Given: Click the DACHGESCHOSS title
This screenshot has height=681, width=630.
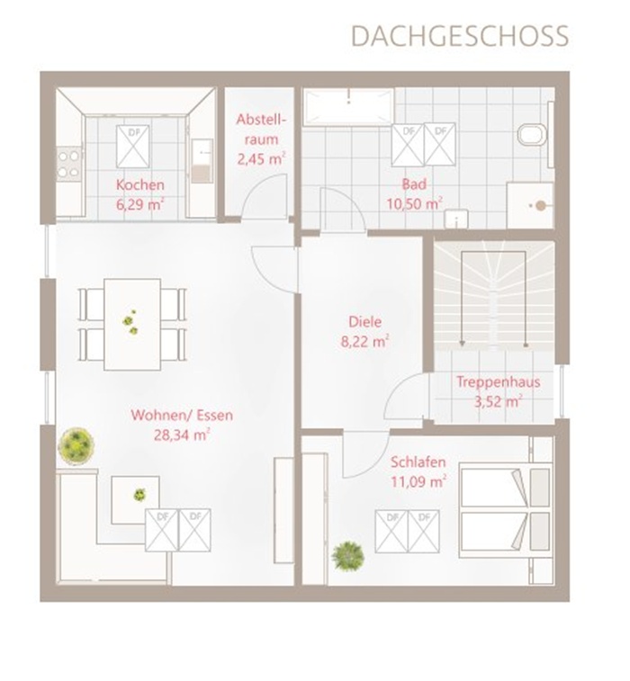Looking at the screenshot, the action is (x=460, y=36).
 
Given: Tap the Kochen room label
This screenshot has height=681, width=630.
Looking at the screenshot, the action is (x=139, y=184).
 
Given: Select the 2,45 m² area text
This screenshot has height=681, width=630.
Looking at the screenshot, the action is (x=261, y=158).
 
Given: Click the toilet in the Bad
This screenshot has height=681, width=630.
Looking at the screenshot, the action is (x=532, y=134).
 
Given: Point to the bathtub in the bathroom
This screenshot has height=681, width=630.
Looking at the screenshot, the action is (x=348, y=107).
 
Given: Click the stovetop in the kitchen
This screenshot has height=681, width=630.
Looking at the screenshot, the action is (x=69, y=164).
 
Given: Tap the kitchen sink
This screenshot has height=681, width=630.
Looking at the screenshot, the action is (x=202, y=160).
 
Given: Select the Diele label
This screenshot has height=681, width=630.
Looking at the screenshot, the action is (x=365, y=322).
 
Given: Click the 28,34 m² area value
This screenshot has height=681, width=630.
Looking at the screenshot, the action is (x=182, y=435).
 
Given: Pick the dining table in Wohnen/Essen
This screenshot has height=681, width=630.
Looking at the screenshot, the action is (x=132, y=324).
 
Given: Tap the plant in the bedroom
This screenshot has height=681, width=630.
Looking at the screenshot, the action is (x=347, y=555).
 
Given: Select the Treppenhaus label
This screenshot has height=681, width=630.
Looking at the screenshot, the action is (x=498, y=382).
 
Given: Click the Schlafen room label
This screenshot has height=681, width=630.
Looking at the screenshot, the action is (x=418, y=461).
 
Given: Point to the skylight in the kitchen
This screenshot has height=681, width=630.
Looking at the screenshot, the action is (x=133, y=147).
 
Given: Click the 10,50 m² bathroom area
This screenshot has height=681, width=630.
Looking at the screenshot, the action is (x=415, y=203).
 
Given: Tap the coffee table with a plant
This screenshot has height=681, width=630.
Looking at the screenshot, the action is (x=135, y=499).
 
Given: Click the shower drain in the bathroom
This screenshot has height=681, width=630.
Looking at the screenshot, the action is (x=540, y=206).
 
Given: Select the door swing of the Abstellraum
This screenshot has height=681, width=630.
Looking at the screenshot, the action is (x=264, y=194).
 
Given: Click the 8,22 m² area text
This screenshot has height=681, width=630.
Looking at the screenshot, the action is (x=364, y=342).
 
